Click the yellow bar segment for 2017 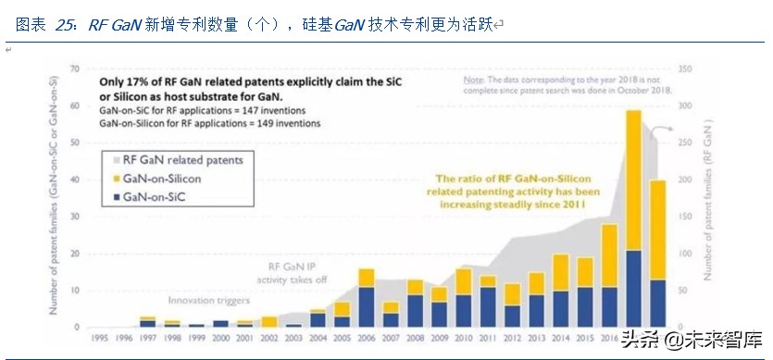point(634,180)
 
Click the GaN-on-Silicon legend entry point(164,178)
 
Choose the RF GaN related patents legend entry point(177,160)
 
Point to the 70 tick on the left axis point(74,68)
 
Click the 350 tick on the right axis point(686,68)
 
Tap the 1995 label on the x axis point(98,338)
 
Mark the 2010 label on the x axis point(464,338)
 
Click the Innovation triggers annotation point(210,301)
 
